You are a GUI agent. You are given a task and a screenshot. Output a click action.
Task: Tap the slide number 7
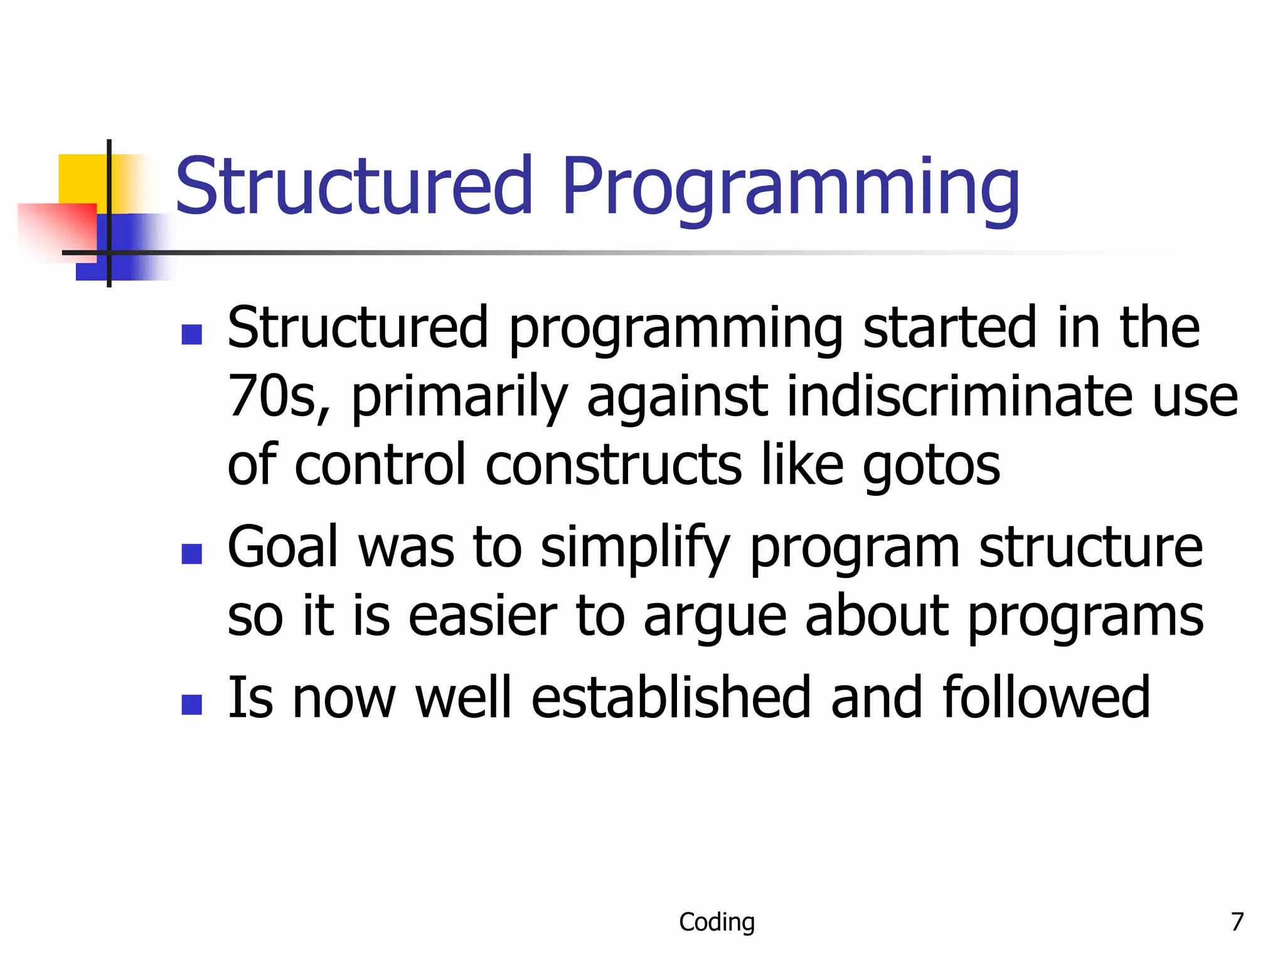[x=1237, y=922]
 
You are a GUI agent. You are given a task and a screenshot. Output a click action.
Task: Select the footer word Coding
[x=717, y=922]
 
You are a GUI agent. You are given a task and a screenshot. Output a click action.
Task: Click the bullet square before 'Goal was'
[x=191, y=554]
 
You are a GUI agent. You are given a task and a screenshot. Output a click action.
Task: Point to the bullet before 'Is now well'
[x=191, y=704]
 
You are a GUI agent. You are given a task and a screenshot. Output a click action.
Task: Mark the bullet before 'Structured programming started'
[x=191, y=335]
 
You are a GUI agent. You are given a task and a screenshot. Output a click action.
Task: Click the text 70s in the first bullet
[x=276, y=397]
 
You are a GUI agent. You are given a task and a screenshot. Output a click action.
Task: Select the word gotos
[x=931, y=466]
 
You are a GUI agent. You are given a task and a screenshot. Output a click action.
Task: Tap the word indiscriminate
[x=959, y=397]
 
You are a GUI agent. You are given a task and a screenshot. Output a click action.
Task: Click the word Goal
[x=284, y=547]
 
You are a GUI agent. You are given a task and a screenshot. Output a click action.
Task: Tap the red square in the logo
[x=60, y=229]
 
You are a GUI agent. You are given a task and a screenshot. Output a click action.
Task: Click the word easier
[x=483, y=617]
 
